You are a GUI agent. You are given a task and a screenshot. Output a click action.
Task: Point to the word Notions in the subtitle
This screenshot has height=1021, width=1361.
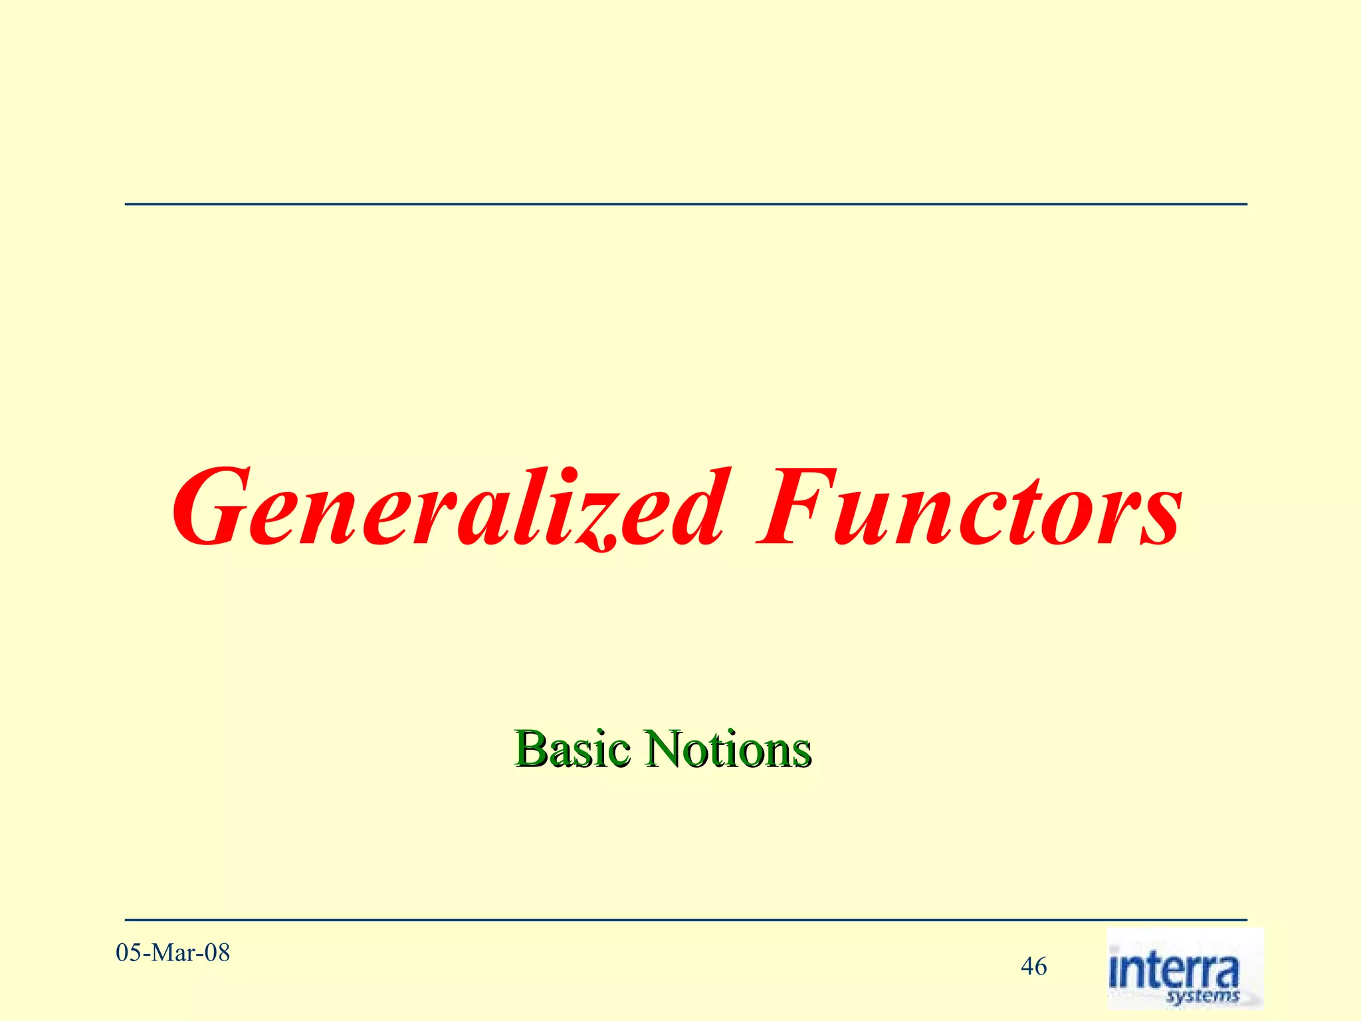(x=728, y=749)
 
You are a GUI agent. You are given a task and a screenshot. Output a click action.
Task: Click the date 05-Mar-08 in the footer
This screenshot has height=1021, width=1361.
(x=173, y=953)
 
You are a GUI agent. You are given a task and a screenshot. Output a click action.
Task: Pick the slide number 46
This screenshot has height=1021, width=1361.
(x=1033, y=966)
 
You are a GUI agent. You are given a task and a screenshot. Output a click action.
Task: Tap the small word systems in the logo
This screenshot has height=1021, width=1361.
(x=1203, y=996)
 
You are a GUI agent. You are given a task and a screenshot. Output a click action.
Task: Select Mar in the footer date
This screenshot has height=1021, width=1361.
(x=175, y=953)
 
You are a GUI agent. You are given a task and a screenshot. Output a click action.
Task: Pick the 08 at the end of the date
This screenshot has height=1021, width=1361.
(x=217, y=953)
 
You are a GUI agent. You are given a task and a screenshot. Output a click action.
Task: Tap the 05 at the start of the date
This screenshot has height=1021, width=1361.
(x=129, y=953)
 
